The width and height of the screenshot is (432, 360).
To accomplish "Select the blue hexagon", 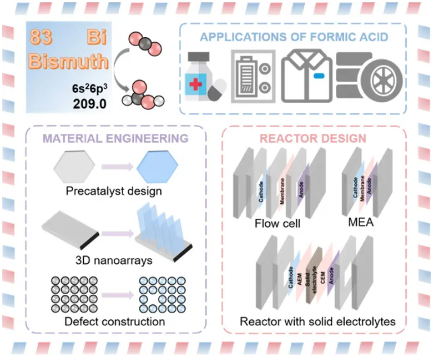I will coord(157,167).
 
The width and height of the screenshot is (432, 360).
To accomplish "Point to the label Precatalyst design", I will coord(114,191).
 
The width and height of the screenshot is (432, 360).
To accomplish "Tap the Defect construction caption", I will coord(115,322).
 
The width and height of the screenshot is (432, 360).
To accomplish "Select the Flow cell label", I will coord(277,224).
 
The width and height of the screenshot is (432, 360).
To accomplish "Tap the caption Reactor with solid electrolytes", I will coord(317,322).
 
